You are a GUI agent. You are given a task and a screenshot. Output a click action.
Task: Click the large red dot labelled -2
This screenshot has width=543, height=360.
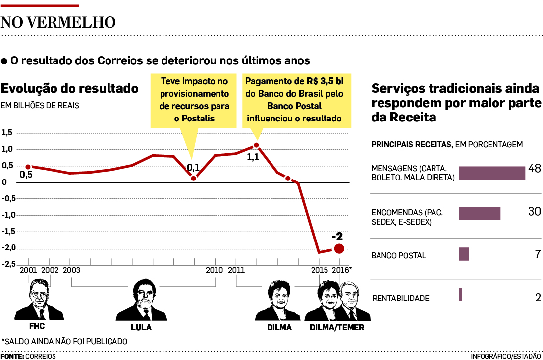tap(339, 248)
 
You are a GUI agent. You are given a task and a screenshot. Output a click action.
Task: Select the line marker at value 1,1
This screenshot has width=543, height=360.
tap(256, 145)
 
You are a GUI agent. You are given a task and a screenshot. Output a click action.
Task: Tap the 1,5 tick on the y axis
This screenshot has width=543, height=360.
tap(7, 133)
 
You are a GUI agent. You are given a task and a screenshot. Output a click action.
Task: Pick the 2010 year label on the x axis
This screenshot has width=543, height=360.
tap(214, 270)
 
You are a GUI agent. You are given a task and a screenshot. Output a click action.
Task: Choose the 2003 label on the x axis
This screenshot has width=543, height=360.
tap(72, 270)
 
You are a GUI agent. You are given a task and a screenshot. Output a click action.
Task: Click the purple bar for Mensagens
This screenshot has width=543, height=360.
tap(491, 173)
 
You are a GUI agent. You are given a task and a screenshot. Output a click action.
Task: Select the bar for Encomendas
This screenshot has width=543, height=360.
tap(479, 213)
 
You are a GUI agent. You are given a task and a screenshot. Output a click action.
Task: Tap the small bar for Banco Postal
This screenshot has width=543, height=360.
tap(464, 254)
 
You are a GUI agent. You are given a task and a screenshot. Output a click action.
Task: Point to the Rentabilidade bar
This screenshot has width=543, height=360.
tap(460, 295)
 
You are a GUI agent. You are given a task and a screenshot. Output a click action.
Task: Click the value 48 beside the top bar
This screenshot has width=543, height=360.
tap(534, 169)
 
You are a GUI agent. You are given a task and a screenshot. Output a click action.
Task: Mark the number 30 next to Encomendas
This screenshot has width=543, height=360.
tap(534, 212)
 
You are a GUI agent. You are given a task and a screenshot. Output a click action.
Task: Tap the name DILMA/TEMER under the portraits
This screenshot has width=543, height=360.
tap(336, 328)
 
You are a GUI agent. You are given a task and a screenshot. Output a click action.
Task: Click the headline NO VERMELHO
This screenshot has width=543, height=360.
tap(58, 22)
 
